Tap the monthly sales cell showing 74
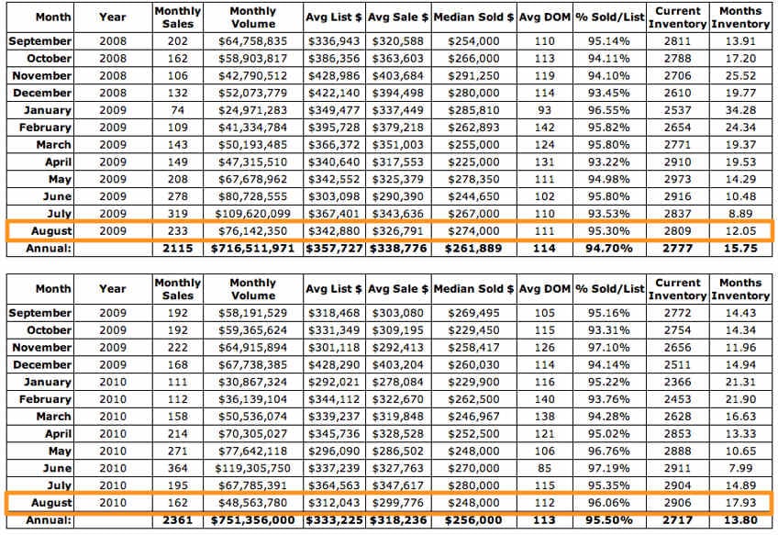click(175, 110)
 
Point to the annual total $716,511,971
click(253, 248)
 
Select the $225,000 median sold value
click(473, 162)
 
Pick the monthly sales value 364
click(175, 468)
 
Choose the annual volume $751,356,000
click(253, 520)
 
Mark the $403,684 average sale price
click(397, 76)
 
